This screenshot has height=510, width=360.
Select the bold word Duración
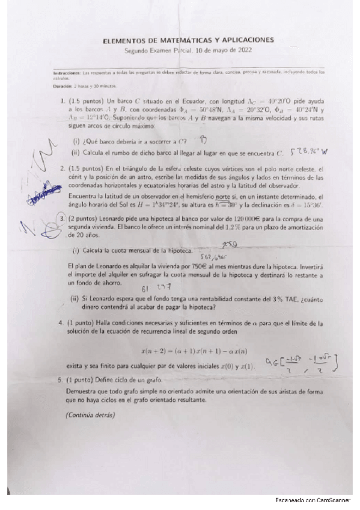pos(62,86)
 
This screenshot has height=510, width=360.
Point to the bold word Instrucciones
pos(66,72)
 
